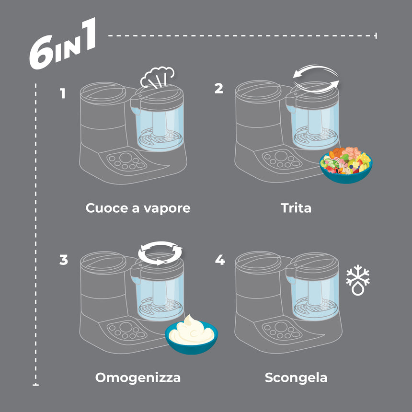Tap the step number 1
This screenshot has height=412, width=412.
pos(62,93)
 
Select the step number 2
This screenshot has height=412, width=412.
pos(219,88)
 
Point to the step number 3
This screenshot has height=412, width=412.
pos(64,260)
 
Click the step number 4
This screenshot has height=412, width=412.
pos(220,260)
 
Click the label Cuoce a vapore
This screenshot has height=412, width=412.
pos(138,208)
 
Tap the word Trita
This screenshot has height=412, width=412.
pos(296,208)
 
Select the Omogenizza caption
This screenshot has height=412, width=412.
pos(138,378)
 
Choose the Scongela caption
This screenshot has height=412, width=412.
pos(296,378)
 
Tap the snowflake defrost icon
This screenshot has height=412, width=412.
pos(358,281)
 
